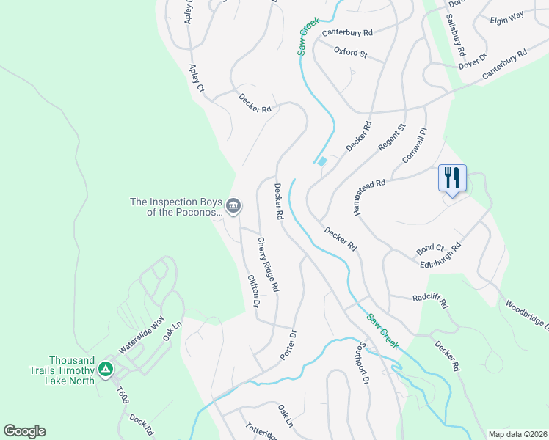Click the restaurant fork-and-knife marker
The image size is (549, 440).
452,178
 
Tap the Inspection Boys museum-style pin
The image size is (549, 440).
233,206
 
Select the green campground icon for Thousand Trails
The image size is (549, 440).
106,369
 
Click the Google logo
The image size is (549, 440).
24,431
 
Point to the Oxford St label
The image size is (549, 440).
350,52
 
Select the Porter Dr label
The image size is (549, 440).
288,345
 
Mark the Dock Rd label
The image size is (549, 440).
142,425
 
